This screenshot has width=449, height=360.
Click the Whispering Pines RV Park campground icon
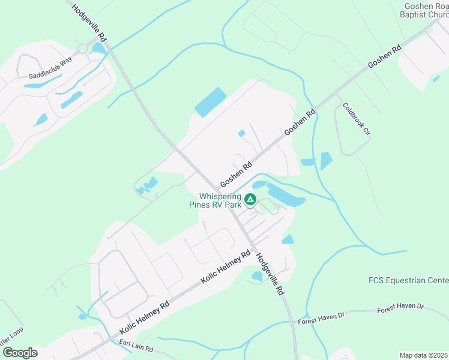250,199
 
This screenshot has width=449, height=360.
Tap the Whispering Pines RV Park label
220,200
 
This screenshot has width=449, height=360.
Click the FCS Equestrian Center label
408,280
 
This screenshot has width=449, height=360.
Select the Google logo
19,353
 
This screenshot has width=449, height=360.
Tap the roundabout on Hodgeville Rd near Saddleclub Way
83,48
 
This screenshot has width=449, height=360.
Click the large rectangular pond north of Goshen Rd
210,102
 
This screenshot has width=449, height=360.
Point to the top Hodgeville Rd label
89,23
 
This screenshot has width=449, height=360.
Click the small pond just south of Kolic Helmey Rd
258,276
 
